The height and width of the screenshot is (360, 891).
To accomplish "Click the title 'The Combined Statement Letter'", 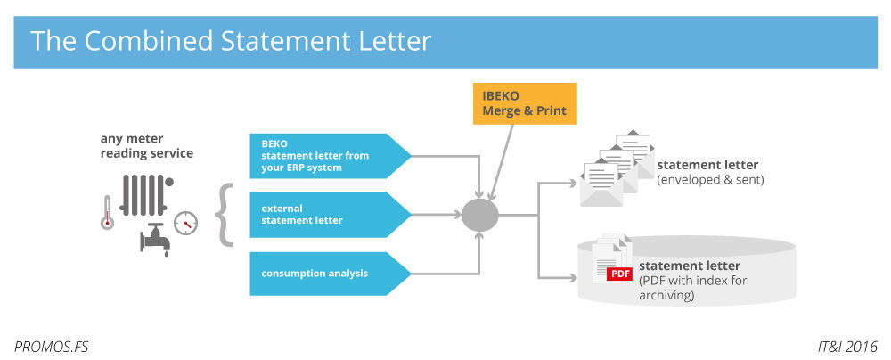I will pyautogui.click(x=231, y=41).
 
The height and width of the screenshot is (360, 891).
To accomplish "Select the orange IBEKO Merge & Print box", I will pyautogui.click(x=525, y=103).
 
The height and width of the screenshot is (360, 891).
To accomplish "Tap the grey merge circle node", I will pyautogui.click(x=479, y=214).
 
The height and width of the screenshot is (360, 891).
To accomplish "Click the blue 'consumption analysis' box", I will pyautogui.click(x=325, y=273).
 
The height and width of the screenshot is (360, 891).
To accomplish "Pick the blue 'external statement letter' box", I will pyautogui.click(x=325, y=214).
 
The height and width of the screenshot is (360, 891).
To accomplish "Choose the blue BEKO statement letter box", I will pyautogui.click(x=325, y=155).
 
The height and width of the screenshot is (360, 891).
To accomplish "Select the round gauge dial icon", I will pyautogui.click(x=185, y=222).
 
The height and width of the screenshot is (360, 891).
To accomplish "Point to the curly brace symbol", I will pyautogui.click(x=225, y=214).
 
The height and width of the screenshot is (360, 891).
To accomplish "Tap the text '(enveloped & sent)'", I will pyautogui.click(x=710, y=180).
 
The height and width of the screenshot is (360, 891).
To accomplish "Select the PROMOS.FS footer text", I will pyautogui.click(x=52, y=345).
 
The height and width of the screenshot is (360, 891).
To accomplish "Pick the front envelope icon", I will pyautogui.click(x=601, y=184).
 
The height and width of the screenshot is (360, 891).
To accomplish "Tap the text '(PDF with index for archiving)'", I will pyautogui.click(x=692, y=287).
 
